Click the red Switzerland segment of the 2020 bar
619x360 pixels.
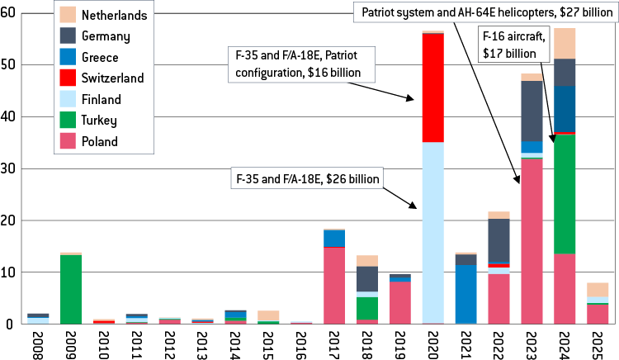[432, 88]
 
